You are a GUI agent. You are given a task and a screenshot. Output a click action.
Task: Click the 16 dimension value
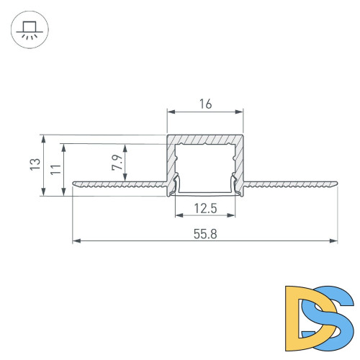[205, 104]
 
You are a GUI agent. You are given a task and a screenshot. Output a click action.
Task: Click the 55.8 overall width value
[205, 234]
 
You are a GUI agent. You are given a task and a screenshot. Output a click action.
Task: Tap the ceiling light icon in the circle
[30, 30]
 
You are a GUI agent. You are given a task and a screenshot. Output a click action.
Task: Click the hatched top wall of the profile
[205, 139]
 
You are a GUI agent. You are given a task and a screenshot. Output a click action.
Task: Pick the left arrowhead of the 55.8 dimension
[76, 240]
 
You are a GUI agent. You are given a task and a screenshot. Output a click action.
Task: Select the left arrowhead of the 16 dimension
[171, 112]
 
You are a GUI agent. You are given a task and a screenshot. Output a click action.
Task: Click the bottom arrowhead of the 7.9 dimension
[127, 179]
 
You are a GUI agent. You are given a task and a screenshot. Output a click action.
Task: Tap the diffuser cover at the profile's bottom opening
[205, 193]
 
